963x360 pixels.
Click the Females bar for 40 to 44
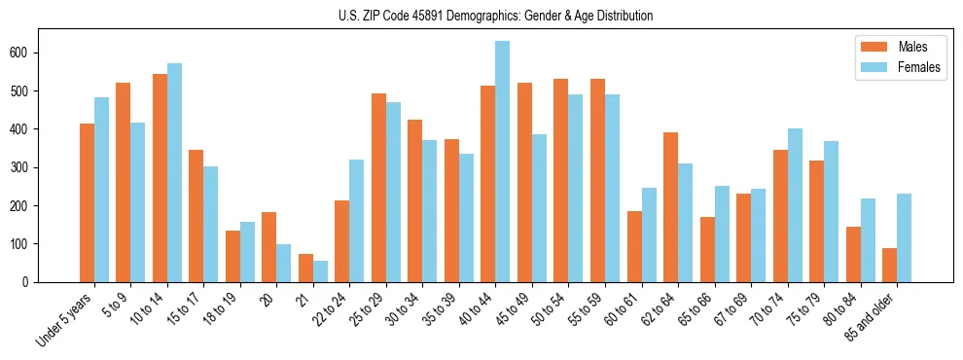[x=503, y=162]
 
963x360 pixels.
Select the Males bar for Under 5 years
[x=87, y=202]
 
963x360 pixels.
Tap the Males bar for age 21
[x=305, y=268]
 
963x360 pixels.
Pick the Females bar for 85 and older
[x=905, y=237]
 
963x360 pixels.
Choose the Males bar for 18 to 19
[x=232, y=256]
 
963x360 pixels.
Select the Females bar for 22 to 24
[x=357, y=221]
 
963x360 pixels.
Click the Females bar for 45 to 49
[x=539, y=208]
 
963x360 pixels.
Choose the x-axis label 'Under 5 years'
[x=66, y=317]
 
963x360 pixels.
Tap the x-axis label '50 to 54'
[x=551, y=308]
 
